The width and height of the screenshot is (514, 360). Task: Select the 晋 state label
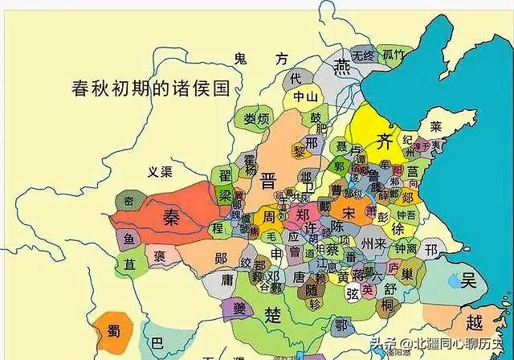pos(268,180)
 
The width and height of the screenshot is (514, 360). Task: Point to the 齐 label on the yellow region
pos(383,142)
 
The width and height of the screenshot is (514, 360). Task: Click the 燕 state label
pos(344,66)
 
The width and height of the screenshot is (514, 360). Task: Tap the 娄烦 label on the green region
pos(256,120)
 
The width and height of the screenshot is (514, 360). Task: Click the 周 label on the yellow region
pos(269,218)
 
